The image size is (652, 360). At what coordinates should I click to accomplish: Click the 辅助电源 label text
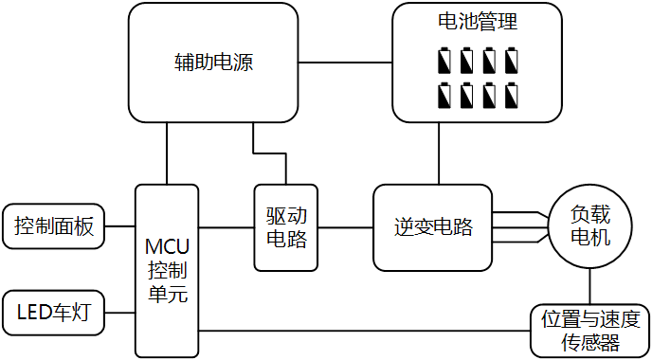click(x=213, y=63)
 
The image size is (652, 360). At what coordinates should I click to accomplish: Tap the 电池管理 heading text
click(x=478, y=21)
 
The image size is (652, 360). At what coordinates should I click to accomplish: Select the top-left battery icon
click(x=444, y=61)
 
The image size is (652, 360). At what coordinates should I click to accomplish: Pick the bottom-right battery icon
click(x=512, y=95)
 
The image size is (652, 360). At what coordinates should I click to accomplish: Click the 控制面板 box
click(x=54, y=226)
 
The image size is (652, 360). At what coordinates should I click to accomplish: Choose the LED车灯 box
click(x=54, y=313)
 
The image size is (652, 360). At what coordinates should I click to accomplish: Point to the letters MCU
click(x=167, y=247)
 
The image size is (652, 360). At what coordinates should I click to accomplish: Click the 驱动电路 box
click(x=286, y=227)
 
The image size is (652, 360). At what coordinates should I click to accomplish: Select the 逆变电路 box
click(x=432, y=227)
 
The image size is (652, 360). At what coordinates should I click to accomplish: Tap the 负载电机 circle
click(x=590, y=226)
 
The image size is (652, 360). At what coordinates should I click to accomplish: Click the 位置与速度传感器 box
click(x=590, y=331)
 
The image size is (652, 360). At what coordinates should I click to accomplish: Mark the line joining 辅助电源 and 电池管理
click(x=345, y=63)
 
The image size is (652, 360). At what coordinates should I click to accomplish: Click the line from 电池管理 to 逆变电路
click(x=439, y=153)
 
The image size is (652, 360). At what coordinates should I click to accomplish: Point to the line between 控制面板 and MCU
click(x=120, y=226)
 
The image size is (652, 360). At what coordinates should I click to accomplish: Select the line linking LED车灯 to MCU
click(x=120, y=313)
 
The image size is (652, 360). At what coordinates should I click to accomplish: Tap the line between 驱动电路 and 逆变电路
click(x=346, y=227)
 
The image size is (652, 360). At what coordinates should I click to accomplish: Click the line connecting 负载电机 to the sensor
click(x=590, y=287)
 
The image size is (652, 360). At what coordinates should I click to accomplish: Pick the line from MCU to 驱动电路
click(x=226, y=227)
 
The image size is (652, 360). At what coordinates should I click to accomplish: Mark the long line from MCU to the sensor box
click(x=364, y=331)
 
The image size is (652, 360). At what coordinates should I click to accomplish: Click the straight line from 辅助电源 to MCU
click(x=167, y=153)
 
